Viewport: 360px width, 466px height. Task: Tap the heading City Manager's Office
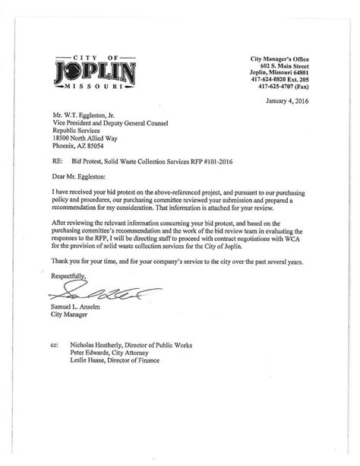click(283, 59)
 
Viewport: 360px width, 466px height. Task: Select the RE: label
click(58, 163)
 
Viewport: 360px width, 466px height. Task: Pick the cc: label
click(56, 344)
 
